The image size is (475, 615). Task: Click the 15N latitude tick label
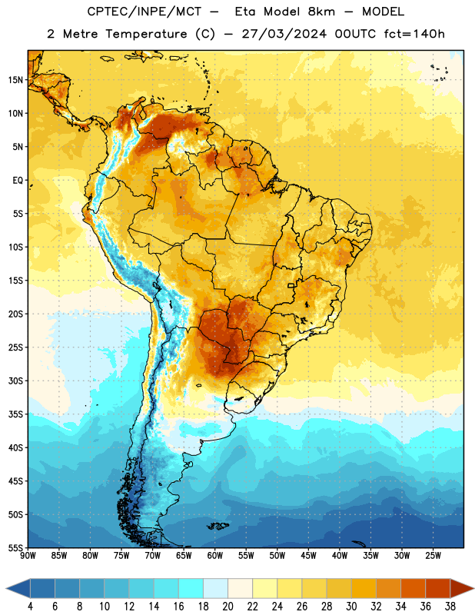[15, 80]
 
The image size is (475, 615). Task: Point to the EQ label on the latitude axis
[18, 181]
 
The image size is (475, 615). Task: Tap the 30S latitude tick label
[15, 381]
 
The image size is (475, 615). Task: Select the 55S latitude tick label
[15, 548]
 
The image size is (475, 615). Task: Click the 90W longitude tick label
[28, 556]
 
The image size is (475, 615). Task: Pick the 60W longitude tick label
[215, 556]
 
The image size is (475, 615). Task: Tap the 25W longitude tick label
[433, 556]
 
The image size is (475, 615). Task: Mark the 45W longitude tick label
[308, 556]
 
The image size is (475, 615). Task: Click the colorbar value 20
[228, 607]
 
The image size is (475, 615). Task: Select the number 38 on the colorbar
[450, 607]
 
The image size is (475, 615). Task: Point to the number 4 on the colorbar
[30, 607]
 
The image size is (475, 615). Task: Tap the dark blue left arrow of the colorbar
[18, 588]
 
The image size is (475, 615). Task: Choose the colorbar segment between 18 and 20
[216, 588]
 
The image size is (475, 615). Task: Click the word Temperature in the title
[146, 34]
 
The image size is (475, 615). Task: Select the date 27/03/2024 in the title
[284, 34]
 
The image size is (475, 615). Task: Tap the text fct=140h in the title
[414, 34]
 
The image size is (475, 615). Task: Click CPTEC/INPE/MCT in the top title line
[144, 12]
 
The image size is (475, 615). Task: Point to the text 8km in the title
[321, 12]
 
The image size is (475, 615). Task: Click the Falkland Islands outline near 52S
[218, 526]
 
